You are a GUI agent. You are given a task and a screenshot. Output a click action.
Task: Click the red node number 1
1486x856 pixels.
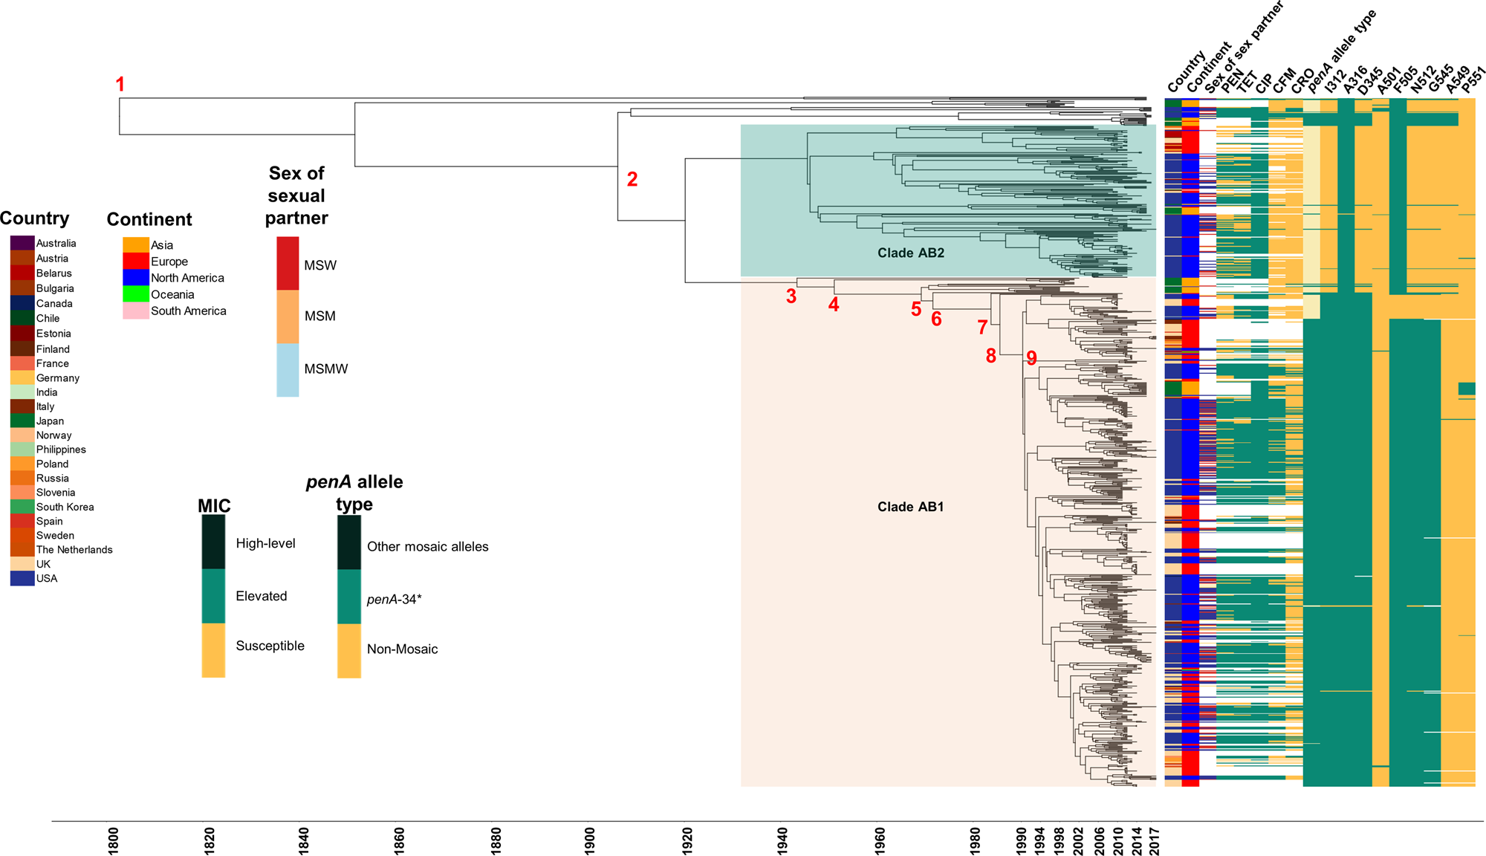[120, 84]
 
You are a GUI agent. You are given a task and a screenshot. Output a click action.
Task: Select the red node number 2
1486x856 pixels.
[632, 179]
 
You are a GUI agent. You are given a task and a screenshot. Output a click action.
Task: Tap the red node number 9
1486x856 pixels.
[1031, 358]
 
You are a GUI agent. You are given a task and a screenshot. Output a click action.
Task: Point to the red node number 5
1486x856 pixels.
[916, 309]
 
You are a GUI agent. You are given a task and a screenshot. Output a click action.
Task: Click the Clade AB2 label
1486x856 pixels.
[910, 253]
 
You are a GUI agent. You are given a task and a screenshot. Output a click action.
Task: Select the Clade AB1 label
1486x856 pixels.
[910, 507]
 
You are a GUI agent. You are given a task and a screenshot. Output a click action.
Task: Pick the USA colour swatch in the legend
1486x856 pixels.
[22, 579]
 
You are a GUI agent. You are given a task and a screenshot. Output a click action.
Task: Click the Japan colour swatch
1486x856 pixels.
[22, 421]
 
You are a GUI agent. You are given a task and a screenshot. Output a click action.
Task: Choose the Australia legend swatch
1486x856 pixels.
[22, 243]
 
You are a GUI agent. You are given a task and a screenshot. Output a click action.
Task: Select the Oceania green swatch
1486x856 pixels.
[135, 294]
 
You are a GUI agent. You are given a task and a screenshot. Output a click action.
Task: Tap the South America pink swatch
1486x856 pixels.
[135, 311]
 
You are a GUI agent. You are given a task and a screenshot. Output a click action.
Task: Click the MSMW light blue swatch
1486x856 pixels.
[288, 369]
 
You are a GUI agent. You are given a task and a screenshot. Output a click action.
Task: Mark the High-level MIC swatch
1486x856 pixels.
[213, 543]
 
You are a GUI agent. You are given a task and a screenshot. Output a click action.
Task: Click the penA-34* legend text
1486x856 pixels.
[394, 599]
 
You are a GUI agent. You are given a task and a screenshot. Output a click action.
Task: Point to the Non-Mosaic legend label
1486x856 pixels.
[402, 649]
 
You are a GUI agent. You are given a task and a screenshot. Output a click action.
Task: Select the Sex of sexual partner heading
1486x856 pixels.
[296, 195]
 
